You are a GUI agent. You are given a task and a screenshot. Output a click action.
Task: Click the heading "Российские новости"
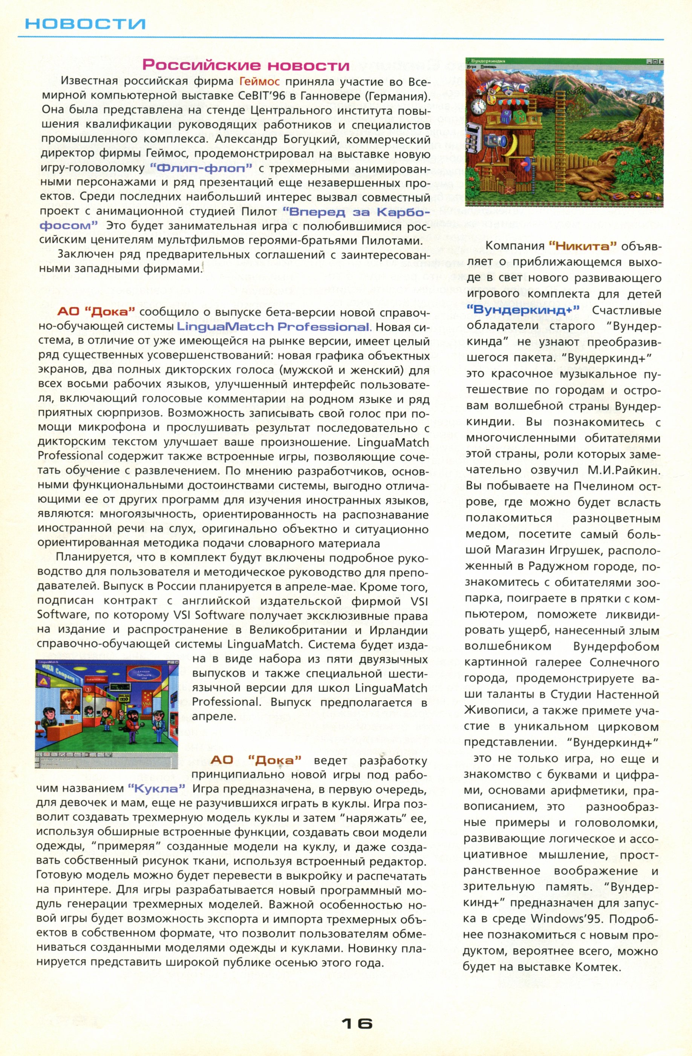coord(246,66)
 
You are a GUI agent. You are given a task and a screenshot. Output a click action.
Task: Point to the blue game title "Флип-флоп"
coord(201,168)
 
